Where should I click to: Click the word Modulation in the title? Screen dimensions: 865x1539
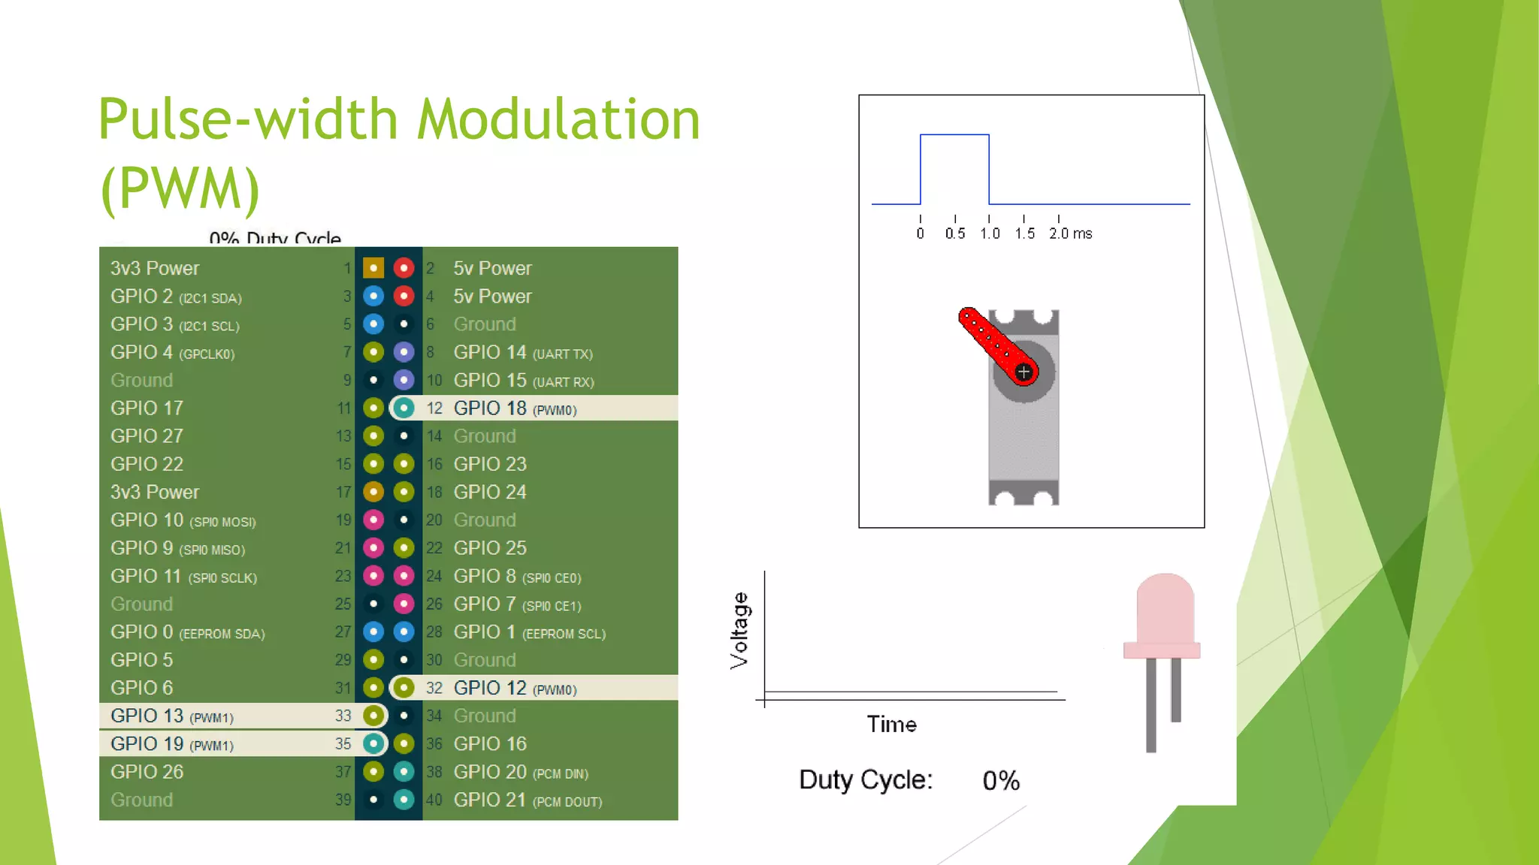[x=558, y=120]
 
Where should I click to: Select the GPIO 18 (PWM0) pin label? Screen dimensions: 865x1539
[x=515, y=408]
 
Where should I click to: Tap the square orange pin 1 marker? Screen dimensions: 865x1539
[x=373, y=268]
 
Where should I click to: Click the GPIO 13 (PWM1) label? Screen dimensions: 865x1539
[x=172, y=716]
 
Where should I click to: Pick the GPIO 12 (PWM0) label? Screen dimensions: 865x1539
[x=515, y=689]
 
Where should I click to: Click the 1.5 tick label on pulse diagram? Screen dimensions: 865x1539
[x=1024, y=234]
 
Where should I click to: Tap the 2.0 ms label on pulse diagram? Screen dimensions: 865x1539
[x=1070, y=234]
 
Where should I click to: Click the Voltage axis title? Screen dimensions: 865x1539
[x=739, y=631]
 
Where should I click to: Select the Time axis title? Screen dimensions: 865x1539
[x=891, y=725]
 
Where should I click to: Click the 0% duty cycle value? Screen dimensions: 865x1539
[x=1001, y=781]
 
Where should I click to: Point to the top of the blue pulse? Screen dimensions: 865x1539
[x=954, y=135]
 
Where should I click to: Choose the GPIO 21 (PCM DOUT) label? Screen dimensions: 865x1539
[x=528, y=800]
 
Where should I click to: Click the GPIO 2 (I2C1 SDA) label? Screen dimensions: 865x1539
[x=176, y=297]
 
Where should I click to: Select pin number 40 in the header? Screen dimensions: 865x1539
[x=434, y=800]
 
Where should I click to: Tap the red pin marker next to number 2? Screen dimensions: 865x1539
[x=404, y=268]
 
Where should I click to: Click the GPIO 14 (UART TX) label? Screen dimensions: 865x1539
[x=523, y=353]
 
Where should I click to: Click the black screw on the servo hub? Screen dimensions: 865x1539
[x=1023, y=372]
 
